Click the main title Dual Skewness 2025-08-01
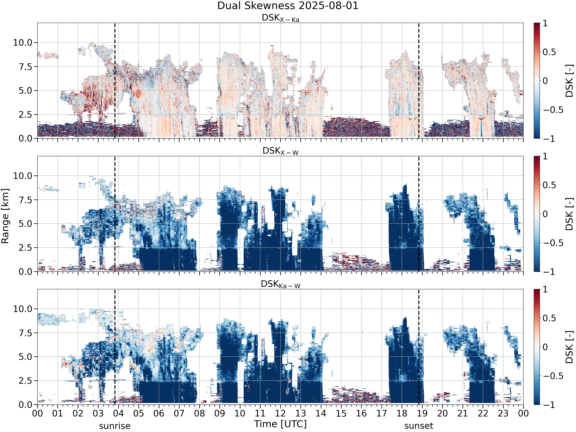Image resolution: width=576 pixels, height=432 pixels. (x=288, y=6)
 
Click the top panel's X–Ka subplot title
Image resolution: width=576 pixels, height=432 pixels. (x=281, y=18)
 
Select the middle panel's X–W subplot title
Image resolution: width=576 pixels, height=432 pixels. (x=281, y=151)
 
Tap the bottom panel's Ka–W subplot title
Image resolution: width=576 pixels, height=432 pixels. (x=281, y=284)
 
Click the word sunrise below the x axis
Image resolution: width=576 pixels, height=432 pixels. (x=115, y=426)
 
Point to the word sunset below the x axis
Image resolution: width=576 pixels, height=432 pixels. (x=419, y=426)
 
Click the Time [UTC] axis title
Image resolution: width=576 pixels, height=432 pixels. (x=281, y=424)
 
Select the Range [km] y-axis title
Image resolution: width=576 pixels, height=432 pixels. (x=5, y=216)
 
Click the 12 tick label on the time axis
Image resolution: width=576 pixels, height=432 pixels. (x=281, y=413)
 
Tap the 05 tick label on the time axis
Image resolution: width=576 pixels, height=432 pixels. (x=139, y=413)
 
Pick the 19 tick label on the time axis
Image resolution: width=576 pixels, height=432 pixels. (x=422, y=413)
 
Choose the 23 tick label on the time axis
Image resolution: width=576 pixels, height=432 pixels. (x=503, y=413)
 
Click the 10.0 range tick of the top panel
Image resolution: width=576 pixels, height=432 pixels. (x=23, y=42)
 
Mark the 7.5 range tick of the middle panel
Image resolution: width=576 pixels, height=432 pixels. (x=26, y=200)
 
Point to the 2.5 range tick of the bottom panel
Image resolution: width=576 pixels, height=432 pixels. (x=26, y=381)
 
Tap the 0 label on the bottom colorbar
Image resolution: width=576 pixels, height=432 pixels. (x=545, y=347)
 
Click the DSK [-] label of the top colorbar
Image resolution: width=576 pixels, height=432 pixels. (x=569, y=81)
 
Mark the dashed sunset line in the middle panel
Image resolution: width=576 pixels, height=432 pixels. (x=419, y=214)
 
